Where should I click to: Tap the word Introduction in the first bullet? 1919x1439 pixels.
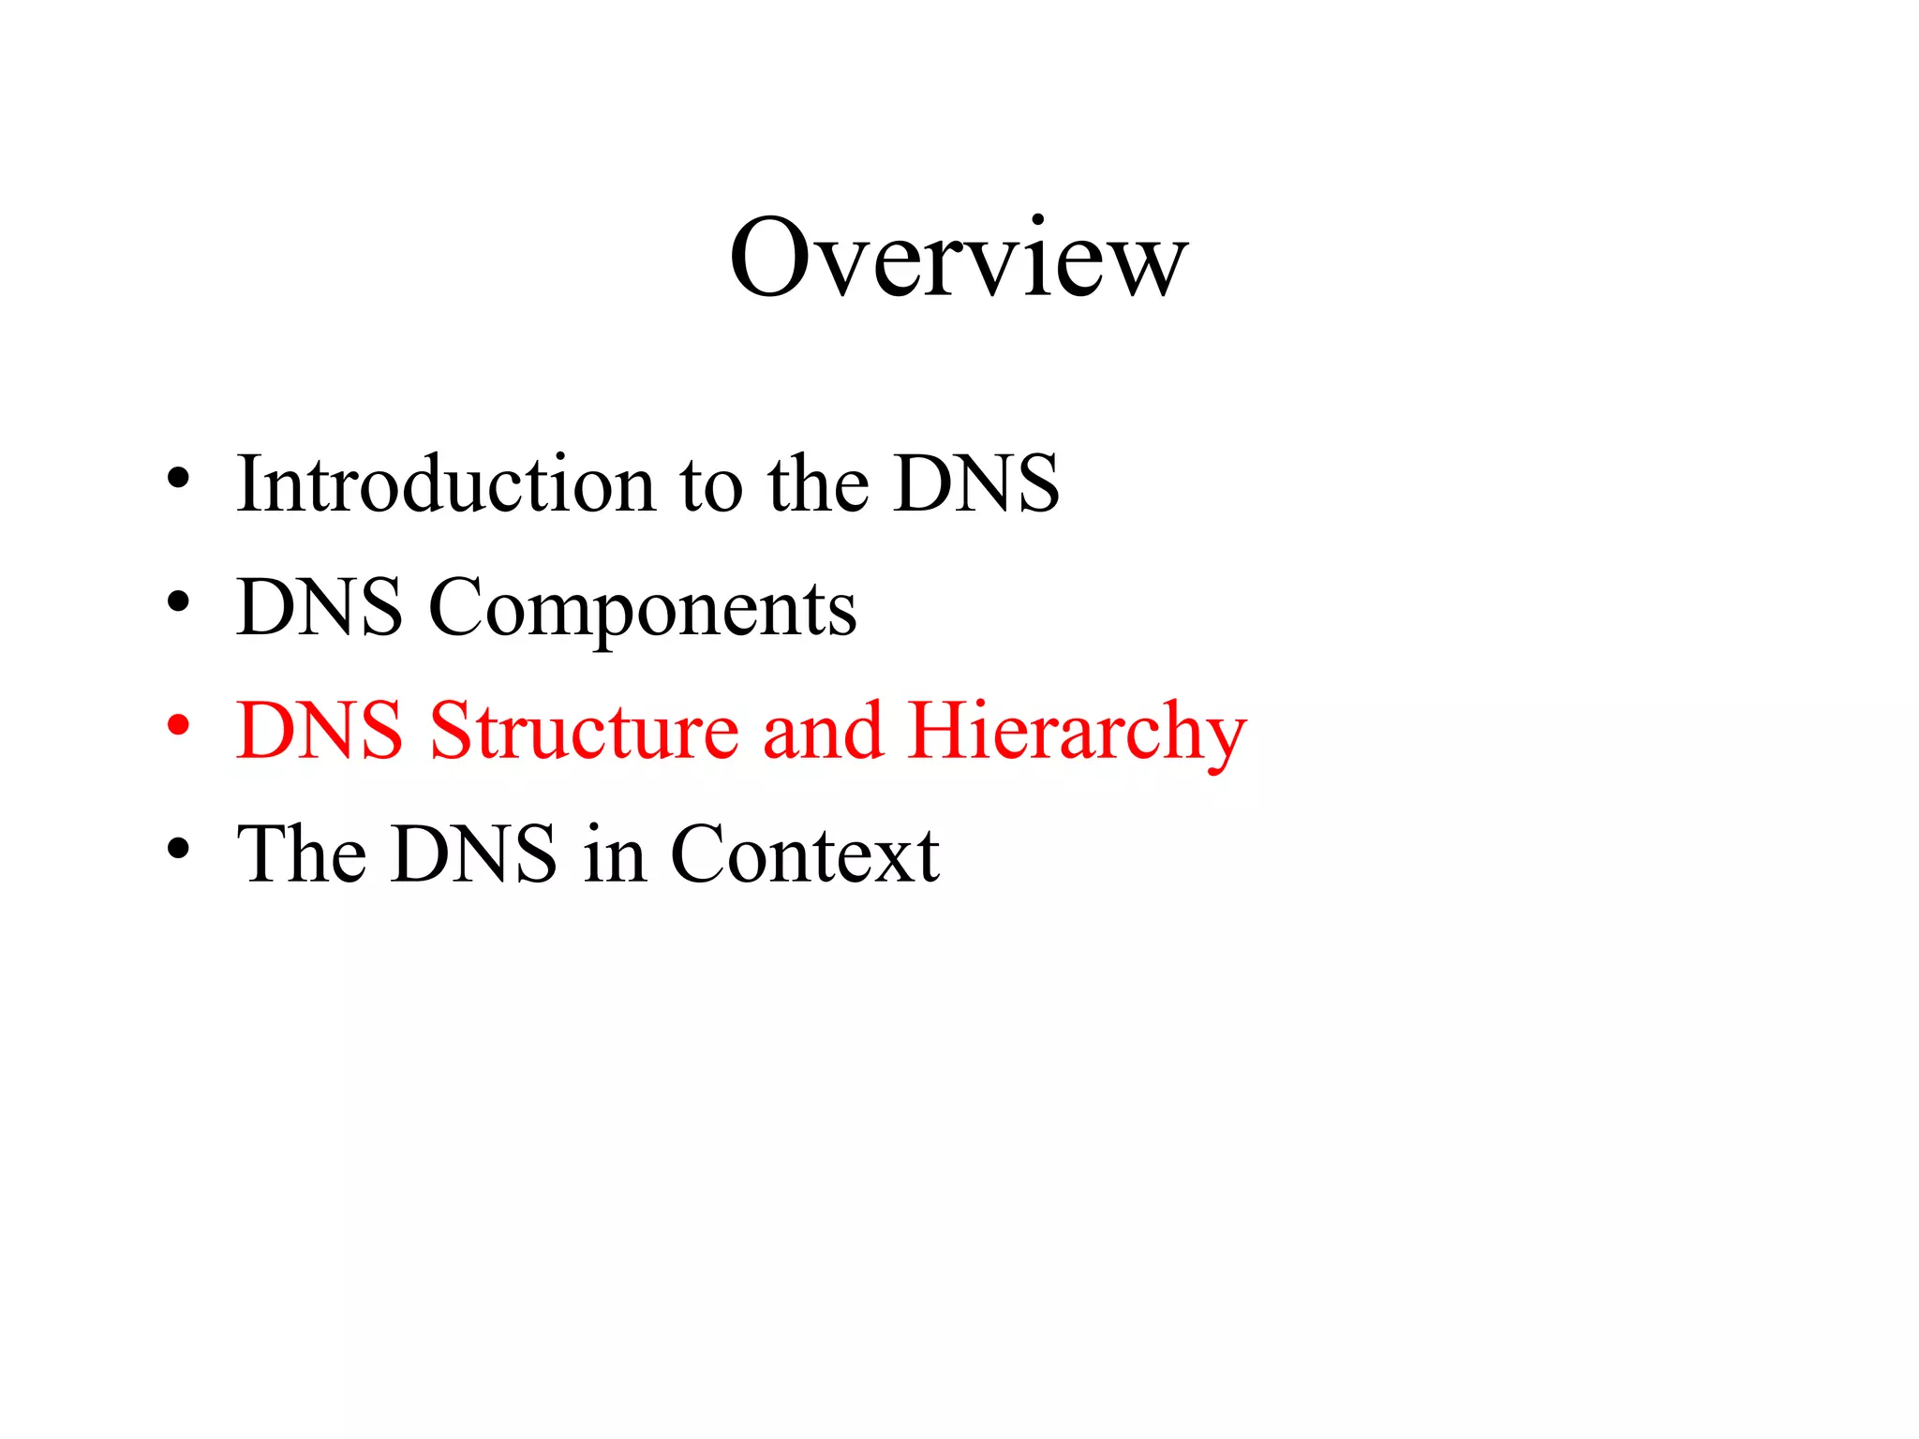pyautogui.click(x=446, y=483)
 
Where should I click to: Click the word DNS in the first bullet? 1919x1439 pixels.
pyautogui.click(x=975, y=483)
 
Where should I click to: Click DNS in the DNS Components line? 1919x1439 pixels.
pyautogui.click(x=320, y=607)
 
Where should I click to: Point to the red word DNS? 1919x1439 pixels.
pyautogui.click(x=320, y=731)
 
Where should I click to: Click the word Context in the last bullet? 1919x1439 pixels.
pyautogui.click(x=805, y=853)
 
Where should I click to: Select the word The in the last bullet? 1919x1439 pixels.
pyautogui.click(x=301, y=853)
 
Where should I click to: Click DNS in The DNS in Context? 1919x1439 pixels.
pyautogui.click(x=474, y=853)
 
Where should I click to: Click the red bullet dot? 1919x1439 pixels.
pyautogui.click(x=178, y=725)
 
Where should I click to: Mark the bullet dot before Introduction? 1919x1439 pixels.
pyautogui.click(x=178, y=479)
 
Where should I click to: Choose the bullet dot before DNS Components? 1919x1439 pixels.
pyautogui.click(x=178, y=602)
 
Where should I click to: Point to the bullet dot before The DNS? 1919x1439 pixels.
pyautogui.click(x=178, y=849)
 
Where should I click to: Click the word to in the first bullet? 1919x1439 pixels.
pyautogui.click(x=710, y=485)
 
